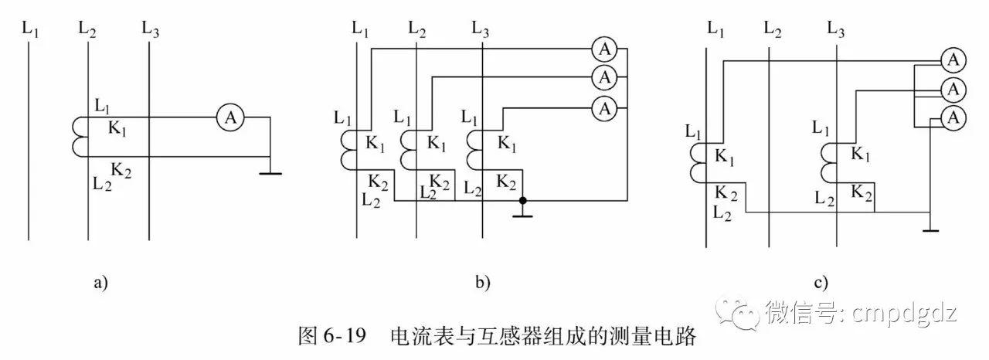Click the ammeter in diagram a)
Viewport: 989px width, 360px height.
coord(229,117)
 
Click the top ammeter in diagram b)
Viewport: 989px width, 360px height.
coord(604,49)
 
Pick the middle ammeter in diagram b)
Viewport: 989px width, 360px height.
coord(604,77)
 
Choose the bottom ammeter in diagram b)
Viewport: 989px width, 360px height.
coord(604,107)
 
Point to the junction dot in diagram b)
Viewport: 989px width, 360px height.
coord(523,201)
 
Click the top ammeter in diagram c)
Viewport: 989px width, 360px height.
coord(953,59)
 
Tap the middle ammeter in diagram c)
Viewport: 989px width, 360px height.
coord(953,89)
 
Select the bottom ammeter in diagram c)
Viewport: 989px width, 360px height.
coord(953,117)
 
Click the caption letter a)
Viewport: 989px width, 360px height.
coord(100,283)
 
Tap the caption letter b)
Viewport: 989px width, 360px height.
coord(483,283)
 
